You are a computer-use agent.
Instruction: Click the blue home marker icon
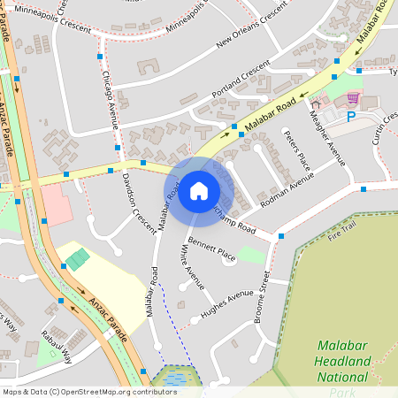[x=199, y=191]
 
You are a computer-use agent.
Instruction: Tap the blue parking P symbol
[x=351, y=116]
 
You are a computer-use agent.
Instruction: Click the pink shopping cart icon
[x=353, y=97]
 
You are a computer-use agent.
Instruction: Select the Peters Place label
[x=296, y=149]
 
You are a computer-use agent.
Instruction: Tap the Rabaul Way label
[x=56, y=346]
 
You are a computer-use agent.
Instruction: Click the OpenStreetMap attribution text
[x=88, y=392]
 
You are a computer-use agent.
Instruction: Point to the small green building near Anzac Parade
[x=78, y=259]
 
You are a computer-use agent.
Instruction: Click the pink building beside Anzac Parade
[x=56, y=204]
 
